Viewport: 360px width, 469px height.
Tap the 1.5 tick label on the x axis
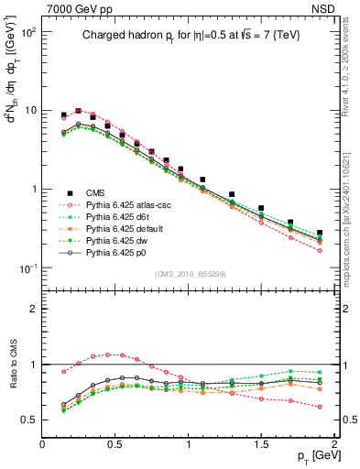tap(261, 444)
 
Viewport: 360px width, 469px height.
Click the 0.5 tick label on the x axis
tap(115, 444)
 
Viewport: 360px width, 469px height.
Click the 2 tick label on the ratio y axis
tap(33, 309)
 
